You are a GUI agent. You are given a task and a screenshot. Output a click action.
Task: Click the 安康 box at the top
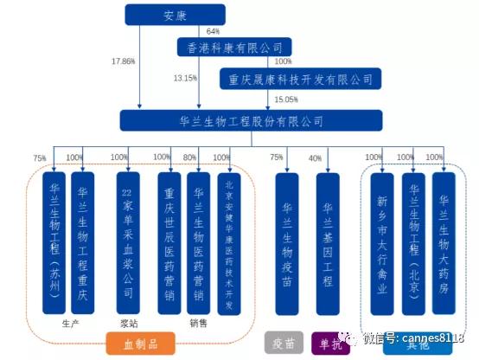click(175, 14)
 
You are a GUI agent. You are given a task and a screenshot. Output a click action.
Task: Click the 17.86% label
click(125, 62)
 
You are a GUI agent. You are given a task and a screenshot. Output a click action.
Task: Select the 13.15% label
click(185, 78)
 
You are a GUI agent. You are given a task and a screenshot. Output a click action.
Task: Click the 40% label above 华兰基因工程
click(315, 158)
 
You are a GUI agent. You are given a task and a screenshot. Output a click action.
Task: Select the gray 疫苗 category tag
click(282, 344)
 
